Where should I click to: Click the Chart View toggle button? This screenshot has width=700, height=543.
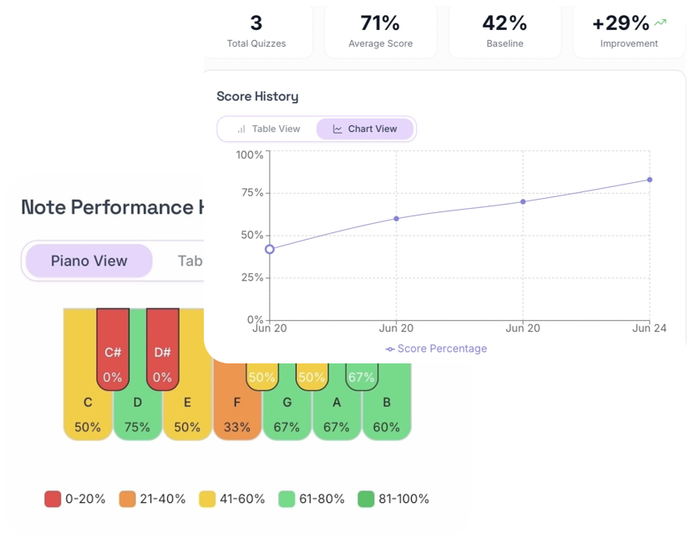point(365,129)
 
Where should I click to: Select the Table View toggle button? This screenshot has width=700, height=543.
point(267,129)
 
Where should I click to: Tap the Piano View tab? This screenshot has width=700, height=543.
point(89,261)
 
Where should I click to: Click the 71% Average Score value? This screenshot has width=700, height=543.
point(380,23)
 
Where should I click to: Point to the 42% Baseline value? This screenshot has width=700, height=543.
point(505,23)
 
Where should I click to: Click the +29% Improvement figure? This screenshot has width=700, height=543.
point(621,23)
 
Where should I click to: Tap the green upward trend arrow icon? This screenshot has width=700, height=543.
point(662,23)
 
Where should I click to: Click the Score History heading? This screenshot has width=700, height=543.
point(257,96)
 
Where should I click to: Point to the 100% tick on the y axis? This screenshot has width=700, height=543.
point(250,155)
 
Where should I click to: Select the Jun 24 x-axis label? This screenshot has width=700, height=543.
point(649,329)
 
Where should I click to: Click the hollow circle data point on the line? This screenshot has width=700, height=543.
point(269,249)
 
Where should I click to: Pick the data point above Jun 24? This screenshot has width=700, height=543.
point(649,180)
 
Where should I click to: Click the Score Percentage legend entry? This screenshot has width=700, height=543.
point(436,348)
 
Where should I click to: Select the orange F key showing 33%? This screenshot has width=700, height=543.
point(237,409)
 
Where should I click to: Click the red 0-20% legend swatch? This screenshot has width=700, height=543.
point(53,499)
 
